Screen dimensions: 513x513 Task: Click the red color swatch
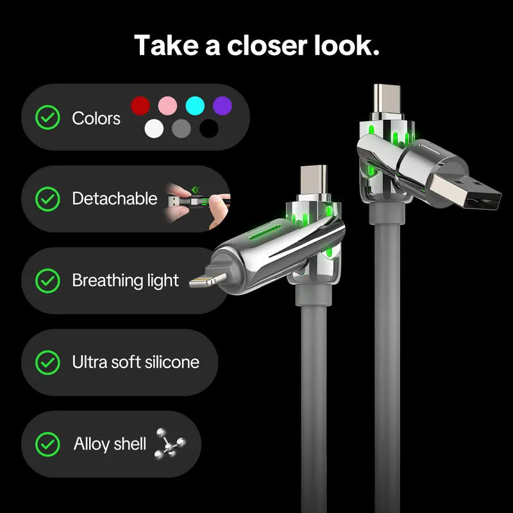pos(140,106)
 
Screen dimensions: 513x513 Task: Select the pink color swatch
pos(167,106)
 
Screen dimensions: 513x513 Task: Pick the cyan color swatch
pos(195,106)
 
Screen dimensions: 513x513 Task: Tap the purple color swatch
pos(223,106)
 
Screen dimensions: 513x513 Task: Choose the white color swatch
pos(154,128)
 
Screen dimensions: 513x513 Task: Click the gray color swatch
pos(181,128)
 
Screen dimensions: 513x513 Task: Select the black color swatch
pos(209,128)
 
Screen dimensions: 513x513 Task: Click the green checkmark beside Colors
pos(47,117)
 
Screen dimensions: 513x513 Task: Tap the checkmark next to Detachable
pos(47,199)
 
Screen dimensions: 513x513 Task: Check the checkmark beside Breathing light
pos(47,281)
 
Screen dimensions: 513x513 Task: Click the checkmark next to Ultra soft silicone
pos(47,362)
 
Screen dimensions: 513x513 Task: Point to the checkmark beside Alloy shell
pos(47,444)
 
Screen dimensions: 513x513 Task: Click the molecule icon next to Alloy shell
pos(170,444)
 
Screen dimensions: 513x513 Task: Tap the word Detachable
pos(115,199)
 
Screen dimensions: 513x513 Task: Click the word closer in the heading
pos(267,45)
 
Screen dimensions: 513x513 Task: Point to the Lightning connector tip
pos(207,280)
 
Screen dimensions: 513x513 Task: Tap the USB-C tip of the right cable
pos(387,99)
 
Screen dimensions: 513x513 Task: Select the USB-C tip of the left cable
pos(314,180)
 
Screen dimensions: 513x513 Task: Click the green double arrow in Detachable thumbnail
pos(196,189)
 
